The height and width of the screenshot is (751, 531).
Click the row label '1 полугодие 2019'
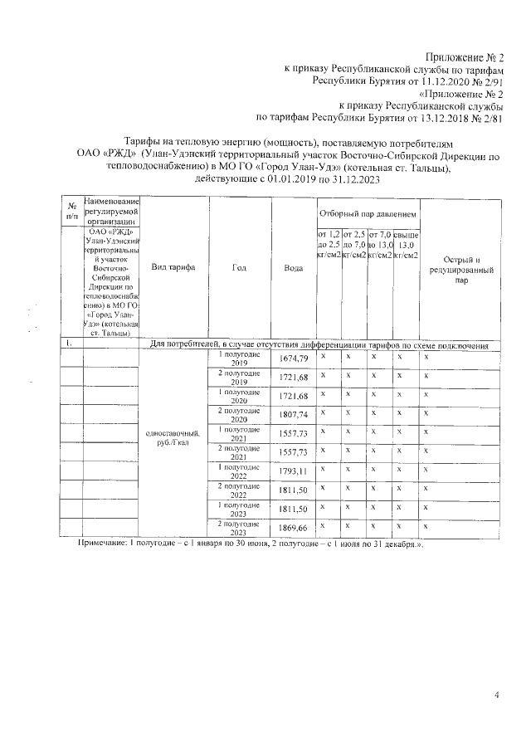(239, 358)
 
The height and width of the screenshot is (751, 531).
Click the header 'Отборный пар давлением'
(368, 213)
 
